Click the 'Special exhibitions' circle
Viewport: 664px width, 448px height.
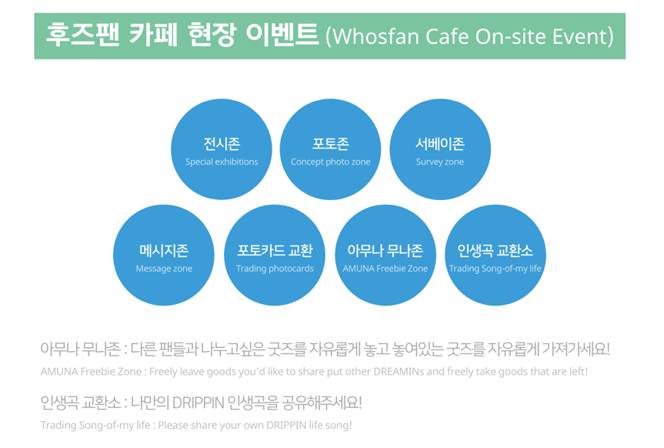(222, 149)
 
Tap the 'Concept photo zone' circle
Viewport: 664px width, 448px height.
(330, 149)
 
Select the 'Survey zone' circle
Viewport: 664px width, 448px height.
(440, 149)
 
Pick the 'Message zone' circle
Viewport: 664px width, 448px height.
(164, 255)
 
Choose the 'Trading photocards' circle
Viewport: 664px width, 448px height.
(275, 255)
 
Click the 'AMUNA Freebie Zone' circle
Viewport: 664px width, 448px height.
(385, 255)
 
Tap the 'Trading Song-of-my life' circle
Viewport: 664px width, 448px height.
(495, 255)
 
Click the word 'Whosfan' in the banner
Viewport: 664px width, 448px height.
(375, 36)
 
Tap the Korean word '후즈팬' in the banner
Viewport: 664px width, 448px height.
(82, 34)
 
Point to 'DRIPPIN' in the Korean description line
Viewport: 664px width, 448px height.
(198, 403)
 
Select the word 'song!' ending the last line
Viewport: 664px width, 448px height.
(339, 426)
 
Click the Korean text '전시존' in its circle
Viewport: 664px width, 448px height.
(222, 144)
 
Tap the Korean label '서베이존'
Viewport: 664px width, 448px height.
(440, 144)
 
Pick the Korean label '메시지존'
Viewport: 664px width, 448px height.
(164, 250)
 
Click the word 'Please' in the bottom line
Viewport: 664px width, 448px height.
(172, 425)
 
